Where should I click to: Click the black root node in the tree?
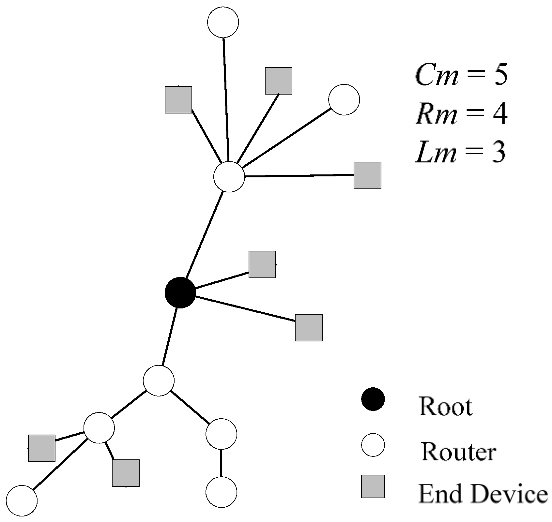click(x=180, y=292)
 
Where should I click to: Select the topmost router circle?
click(x=223, y=22)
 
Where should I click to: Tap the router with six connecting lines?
click(x=229, y=176)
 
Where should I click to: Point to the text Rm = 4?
click(x=461, y=114)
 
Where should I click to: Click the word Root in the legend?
click(x=446, y=406)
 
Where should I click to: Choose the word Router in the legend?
click(x=458, y=452)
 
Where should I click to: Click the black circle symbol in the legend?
click(x=373, y=399)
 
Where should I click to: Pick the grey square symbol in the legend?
click(x=373, y=486)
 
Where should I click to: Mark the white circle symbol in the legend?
click(x=373, y=444)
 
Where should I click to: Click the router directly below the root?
click(x=159, y=380)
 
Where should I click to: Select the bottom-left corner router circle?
click(x=22, y=500)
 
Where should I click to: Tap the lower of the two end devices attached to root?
click(x=309, y=327)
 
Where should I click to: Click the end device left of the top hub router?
click(x=178, y=99)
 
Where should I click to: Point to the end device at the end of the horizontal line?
click(x=367, y=175)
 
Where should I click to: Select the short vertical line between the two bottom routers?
click(x=221, y=463)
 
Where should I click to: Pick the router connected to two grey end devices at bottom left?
click(x=99, y=428)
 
